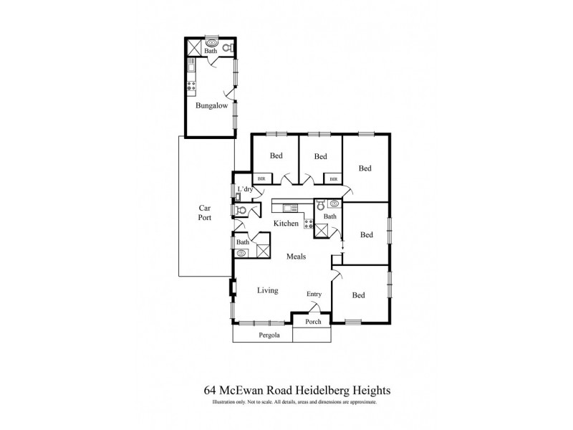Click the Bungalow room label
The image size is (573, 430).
(211, 105)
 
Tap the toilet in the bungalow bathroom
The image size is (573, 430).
(227, 48)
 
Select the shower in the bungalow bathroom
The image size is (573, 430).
(194, 48)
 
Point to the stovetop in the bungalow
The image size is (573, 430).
(191, 87)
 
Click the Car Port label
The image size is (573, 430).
(206, 213)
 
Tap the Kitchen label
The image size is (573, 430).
(286, 224)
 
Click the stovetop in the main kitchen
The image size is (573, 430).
(309, 224)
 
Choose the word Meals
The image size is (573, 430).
(298, 256)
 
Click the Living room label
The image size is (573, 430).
(267, 290)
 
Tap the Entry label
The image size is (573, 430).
(314, 295)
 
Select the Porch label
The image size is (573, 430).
(313, 322)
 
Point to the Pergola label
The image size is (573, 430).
(269, 335)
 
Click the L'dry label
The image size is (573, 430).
(246, 189)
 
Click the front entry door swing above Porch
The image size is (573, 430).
(313, 308)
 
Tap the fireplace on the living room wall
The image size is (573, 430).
(231, 288)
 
